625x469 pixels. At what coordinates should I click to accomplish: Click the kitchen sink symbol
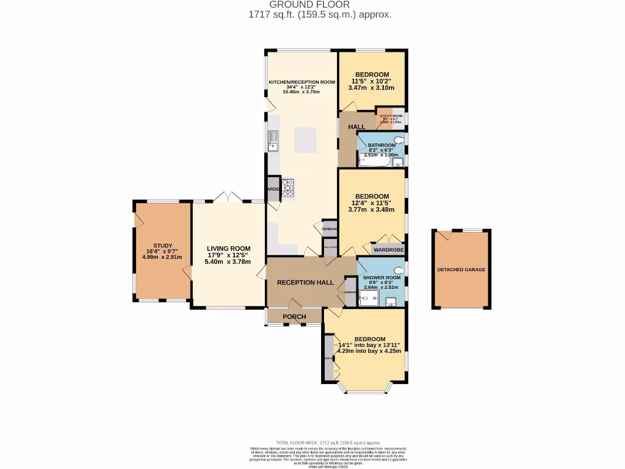273,141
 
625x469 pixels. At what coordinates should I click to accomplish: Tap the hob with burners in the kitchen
288,187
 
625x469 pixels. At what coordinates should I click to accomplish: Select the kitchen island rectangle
306,140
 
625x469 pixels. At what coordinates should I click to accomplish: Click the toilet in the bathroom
399,141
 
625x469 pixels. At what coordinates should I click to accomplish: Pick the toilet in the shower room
399,270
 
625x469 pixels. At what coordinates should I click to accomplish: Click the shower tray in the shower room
369,297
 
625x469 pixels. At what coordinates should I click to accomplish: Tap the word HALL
356,126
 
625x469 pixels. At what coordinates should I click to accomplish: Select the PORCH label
294,316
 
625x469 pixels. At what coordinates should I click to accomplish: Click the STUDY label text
163,246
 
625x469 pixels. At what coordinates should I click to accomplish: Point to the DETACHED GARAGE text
461,269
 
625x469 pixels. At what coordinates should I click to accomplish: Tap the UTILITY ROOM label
391,115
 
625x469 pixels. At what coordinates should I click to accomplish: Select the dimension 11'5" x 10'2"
371,81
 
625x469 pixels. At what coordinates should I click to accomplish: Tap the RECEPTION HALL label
305,283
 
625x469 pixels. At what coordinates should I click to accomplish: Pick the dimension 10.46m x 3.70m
303,92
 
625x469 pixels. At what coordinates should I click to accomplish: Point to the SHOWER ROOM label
381,277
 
